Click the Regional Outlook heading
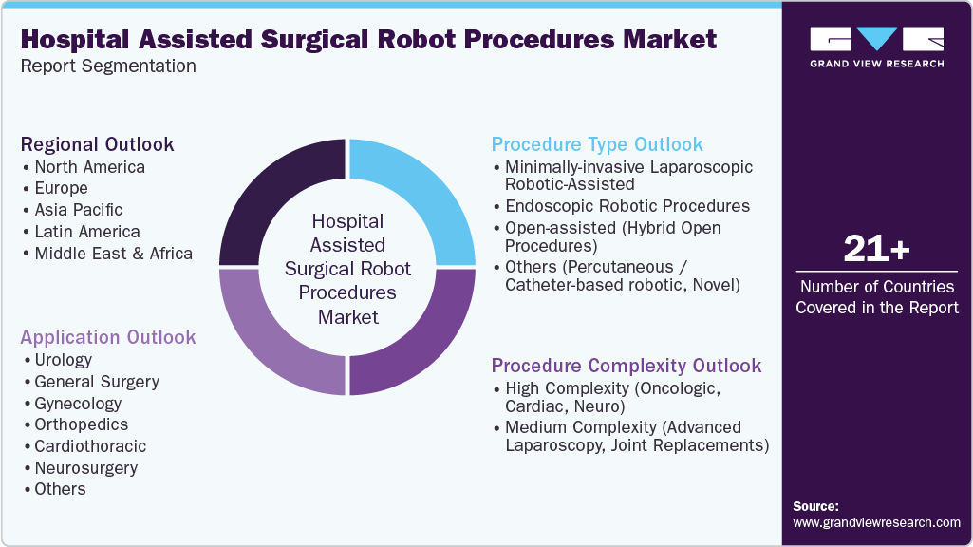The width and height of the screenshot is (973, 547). coord(98,144)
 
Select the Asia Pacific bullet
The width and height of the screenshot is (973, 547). coord(79,210)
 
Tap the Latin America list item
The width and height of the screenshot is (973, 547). coord(87,232)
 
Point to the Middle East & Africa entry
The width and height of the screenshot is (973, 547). coord(113,254)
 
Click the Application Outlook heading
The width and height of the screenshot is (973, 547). coord(108,337)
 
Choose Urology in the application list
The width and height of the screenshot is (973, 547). coord(64,360)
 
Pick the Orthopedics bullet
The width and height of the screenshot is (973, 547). coord(82,424)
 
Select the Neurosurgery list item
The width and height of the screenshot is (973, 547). coord(86,468)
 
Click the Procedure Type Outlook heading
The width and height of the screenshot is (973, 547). coord(597,144)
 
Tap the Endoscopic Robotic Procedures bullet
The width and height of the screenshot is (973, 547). coord(627,206)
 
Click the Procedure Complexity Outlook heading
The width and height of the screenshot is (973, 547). coord(627,366)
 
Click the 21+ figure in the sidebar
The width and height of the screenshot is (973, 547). coord(877,250)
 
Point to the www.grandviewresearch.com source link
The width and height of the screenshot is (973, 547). coord(876,522)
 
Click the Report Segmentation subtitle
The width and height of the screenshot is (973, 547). coord(108,66)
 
